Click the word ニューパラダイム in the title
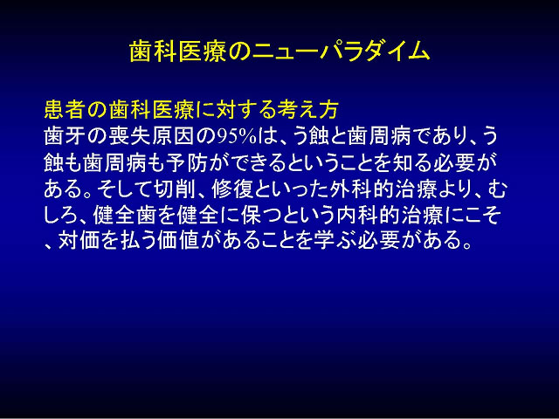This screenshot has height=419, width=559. click(341, 52)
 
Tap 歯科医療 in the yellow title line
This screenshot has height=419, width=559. click(177, 52)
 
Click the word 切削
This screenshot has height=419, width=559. click(176, 189)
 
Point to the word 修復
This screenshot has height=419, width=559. click(232, 189)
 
